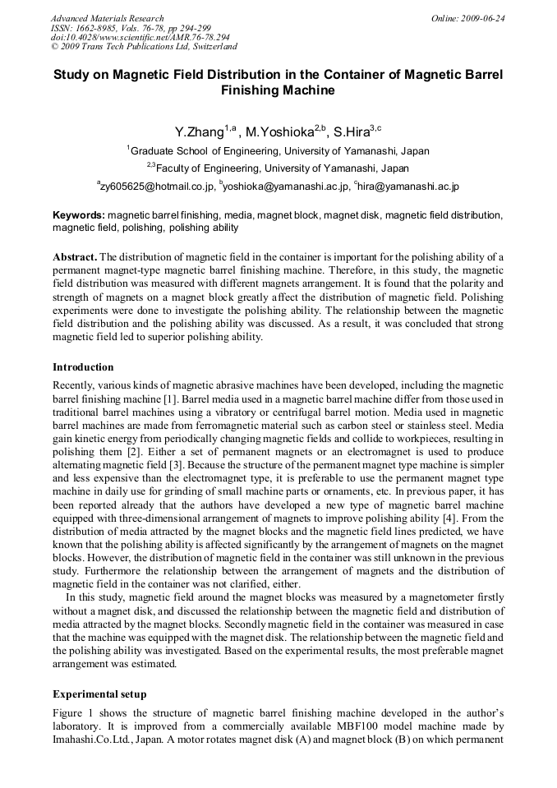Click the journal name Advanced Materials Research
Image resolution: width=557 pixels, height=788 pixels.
pyautogui.click(x=107, y=18)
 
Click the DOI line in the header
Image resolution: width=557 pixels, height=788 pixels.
pyautogui.click(x=140, y=38)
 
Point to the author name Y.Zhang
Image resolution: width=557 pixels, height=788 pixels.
pyautogui.click(x=199, y=132)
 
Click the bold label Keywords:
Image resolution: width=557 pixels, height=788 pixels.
pyautogui.click(x=79, y=215)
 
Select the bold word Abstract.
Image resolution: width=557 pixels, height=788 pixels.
pyautogui.click(x=74, y=257)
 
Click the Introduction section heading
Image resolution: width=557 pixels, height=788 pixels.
pyautogui.click(x=83, y=367)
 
